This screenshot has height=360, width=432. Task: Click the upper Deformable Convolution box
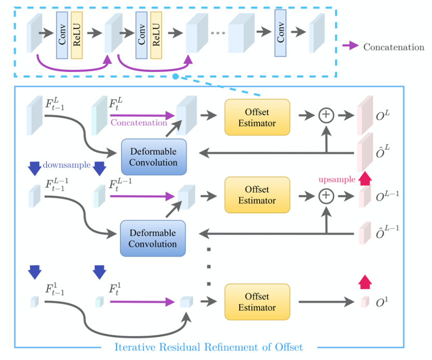coord(153,157)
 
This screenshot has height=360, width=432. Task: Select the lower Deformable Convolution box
coord(153,238)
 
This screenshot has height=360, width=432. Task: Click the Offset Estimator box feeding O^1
coord(256,301)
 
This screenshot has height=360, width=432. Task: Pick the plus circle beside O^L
coord(326,115)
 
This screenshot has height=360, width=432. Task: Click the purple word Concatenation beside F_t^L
coord(139,123)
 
